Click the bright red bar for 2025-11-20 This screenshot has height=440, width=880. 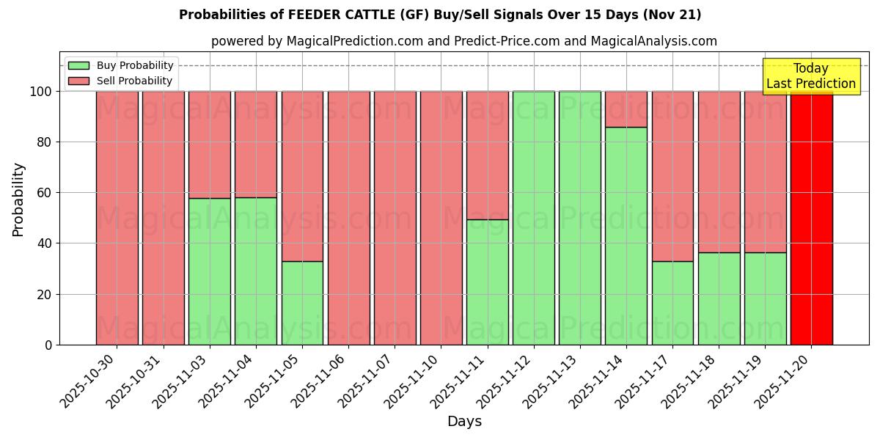click(811, 218)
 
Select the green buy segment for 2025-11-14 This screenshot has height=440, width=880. click(626, 236)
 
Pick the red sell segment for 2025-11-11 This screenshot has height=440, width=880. click(487, 155)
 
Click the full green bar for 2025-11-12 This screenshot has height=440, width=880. click(533, 218)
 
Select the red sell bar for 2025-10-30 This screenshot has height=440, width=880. click(117, 218)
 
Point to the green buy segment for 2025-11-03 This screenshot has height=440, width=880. click(210, 271)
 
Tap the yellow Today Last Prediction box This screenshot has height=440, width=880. click(810, 76)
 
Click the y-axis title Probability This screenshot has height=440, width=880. click(18, 199)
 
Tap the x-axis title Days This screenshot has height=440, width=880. click(464, 422)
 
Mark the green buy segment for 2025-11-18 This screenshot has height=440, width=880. click(719, 298)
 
